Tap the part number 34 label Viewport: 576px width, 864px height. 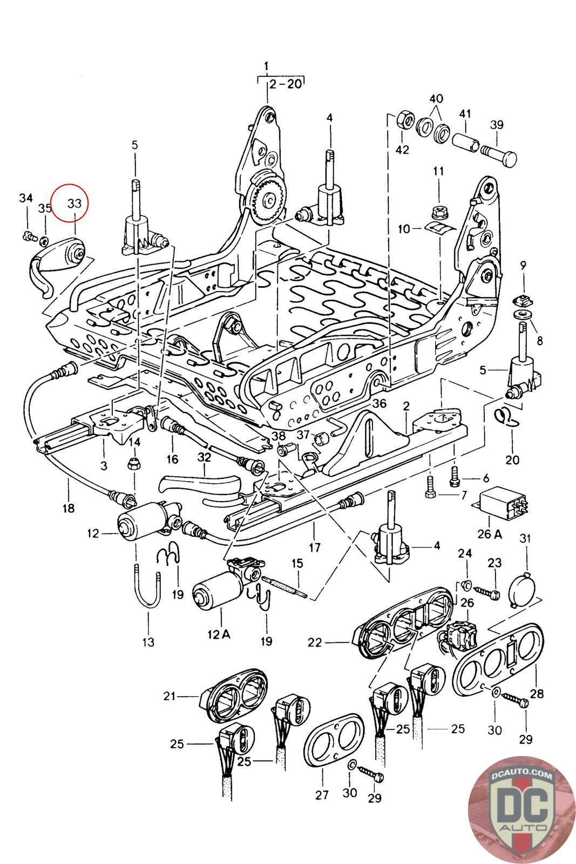[x=25, y=198]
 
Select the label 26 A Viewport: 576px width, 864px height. [x=489, y=534]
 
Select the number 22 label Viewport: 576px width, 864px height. [x=315, y=643]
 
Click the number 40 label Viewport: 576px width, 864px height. [x=436, y=99]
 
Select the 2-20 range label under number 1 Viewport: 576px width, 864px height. [x=286, y=84]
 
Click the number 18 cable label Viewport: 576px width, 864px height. [x=69, y=508]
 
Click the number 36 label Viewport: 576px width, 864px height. [x=380, y=403]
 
